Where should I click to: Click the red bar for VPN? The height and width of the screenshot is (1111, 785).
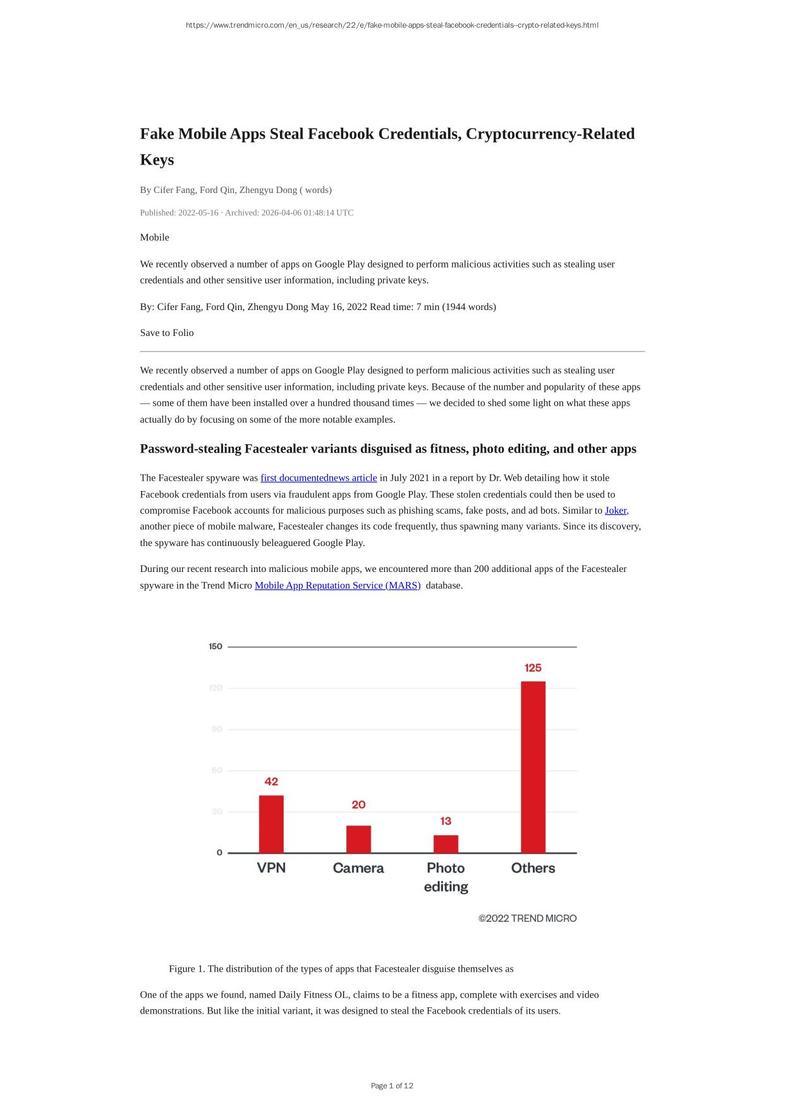click(x=271, y=824)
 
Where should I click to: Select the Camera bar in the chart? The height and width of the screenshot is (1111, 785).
click(x=358, y=839)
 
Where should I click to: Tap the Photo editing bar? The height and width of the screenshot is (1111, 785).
click(x=446, y=844)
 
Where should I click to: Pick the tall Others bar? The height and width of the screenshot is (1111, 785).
click(x=533, y=767)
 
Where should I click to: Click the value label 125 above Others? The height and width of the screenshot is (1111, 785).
click(x=533, y=667)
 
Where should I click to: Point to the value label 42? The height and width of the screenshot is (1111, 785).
click(x=271, y=781)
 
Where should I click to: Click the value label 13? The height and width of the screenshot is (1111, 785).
click(x=446, y=821)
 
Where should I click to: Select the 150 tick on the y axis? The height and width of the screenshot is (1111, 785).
click(x=216, y=646)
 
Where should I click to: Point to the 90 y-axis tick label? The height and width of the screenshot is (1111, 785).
click(x=217, y=729)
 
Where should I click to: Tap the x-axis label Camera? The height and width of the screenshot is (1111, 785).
click(x=358, y=868)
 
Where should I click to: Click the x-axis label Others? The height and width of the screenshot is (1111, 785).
click(x=533, y=868)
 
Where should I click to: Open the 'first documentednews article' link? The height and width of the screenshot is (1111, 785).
click(x=319, y=478)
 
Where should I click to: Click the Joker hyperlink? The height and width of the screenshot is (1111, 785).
click(x=616, y=510)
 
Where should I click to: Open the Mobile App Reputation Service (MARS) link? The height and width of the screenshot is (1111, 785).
click(x=338, y=585)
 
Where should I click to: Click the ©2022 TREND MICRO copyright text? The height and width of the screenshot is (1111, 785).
click(x=527, y=918)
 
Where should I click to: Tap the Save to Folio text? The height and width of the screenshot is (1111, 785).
click(x=167, y=333)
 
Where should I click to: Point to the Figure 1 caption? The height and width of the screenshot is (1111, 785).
click(x=341, y=969)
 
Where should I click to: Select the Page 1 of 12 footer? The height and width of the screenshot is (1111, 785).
click(x=392, y=1086)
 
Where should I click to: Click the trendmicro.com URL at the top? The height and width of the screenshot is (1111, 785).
click(x=392, y=25)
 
